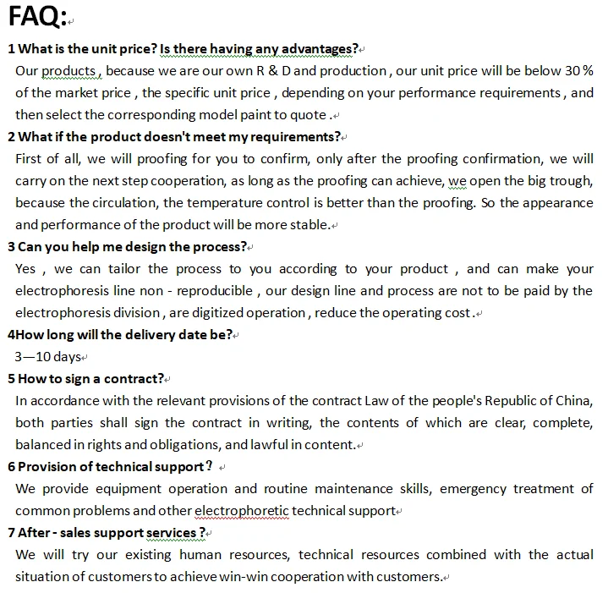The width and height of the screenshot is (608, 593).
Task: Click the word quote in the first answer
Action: coord(309,114)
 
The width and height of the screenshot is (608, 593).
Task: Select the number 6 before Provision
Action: coord(11,466)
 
